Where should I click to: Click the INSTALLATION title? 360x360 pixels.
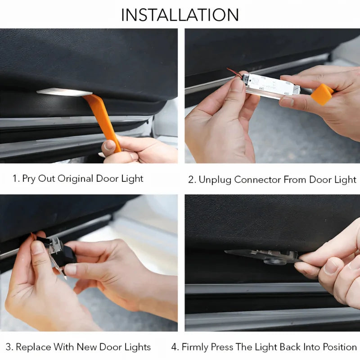click(x=180, y=14)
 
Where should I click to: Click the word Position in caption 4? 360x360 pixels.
click(x=340, y=347)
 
